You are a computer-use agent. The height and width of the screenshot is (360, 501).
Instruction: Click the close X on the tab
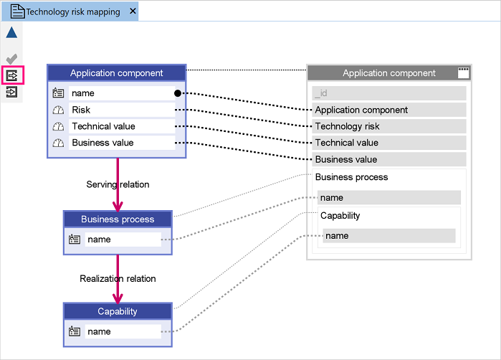(133, 11)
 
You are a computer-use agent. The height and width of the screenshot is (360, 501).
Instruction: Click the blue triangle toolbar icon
(11, 32)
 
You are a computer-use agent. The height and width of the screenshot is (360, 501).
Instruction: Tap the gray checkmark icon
(11, 59)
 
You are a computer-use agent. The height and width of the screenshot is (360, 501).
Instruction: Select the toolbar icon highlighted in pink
(12, 76)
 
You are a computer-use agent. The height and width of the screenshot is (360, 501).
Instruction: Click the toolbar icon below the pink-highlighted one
(11, 93)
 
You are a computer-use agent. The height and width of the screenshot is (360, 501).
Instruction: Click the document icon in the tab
(18, 11)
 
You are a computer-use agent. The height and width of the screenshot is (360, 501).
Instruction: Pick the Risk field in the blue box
(122, 110)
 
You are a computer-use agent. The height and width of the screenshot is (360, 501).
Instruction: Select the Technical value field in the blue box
(122, 126)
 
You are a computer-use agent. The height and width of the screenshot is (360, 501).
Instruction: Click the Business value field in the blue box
(122, 143)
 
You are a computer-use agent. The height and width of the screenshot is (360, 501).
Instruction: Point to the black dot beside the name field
(178, 93)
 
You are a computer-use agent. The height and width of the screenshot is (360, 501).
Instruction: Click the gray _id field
(389, 93)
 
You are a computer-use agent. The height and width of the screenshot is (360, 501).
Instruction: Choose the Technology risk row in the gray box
(389, 126)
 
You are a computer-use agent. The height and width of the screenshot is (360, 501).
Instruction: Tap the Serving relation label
(118, 184)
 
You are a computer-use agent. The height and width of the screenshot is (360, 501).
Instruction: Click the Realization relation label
(118, 279)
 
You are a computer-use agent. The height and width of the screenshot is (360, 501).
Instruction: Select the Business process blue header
(118, 219)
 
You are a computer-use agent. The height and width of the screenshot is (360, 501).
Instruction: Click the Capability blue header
(118, 311)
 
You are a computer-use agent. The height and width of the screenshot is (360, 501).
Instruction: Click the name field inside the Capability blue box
(123, 331)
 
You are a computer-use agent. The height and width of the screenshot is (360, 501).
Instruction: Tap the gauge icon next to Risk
(58, 110)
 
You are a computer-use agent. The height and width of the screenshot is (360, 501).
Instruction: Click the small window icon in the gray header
(463, 73)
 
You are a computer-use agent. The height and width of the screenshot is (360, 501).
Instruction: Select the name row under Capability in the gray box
(389, 236)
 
